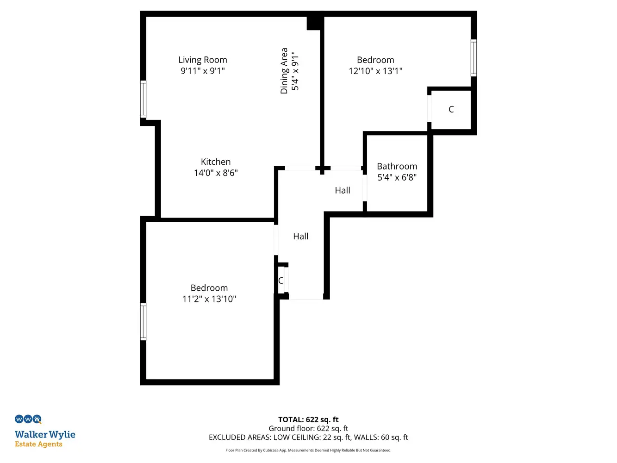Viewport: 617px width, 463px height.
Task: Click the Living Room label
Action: tap(203, 60)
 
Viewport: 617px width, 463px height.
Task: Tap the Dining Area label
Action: tap(284, 71)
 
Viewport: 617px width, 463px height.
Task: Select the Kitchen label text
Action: tap(216, 162)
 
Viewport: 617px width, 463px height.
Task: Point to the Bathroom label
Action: tap(397, 166)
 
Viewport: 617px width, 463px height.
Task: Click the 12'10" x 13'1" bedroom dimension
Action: tap(375, 71)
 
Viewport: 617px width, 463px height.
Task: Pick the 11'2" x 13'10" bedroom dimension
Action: tap(209, 299)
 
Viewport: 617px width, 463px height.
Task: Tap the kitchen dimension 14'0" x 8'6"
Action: tap(216, 173)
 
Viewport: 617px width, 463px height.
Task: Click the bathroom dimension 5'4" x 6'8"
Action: tap(397, 177)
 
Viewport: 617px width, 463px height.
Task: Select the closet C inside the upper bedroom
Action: tap(451, 109)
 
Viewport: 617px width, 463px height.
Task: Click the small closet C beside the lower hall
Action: tap(280, 281)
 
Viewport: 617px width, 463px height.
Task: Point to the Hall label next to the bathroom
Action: tap(343, 190)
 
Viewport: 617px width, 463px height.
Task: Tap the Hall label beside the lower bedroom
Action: tap(301, 236)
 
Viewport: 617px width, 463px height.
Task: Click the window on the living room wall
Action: tap(143, 99)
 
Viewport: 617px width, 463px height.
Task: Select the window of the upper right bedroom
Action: tap(474, 58)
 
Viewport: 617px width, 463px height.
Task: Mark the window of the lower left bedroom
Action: tap(143, 322)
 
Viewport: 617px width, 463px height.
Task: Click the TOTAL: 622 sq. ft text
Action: tap(308, 419)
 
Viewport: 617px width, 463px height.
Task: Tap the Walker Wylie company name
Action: tap(45, 435)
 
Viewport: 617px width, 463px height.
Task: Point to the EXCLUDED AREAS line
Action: tap(308, 438)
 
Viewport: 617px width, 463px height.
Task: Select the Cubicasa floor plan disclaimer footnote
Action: tap(308, 450)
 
